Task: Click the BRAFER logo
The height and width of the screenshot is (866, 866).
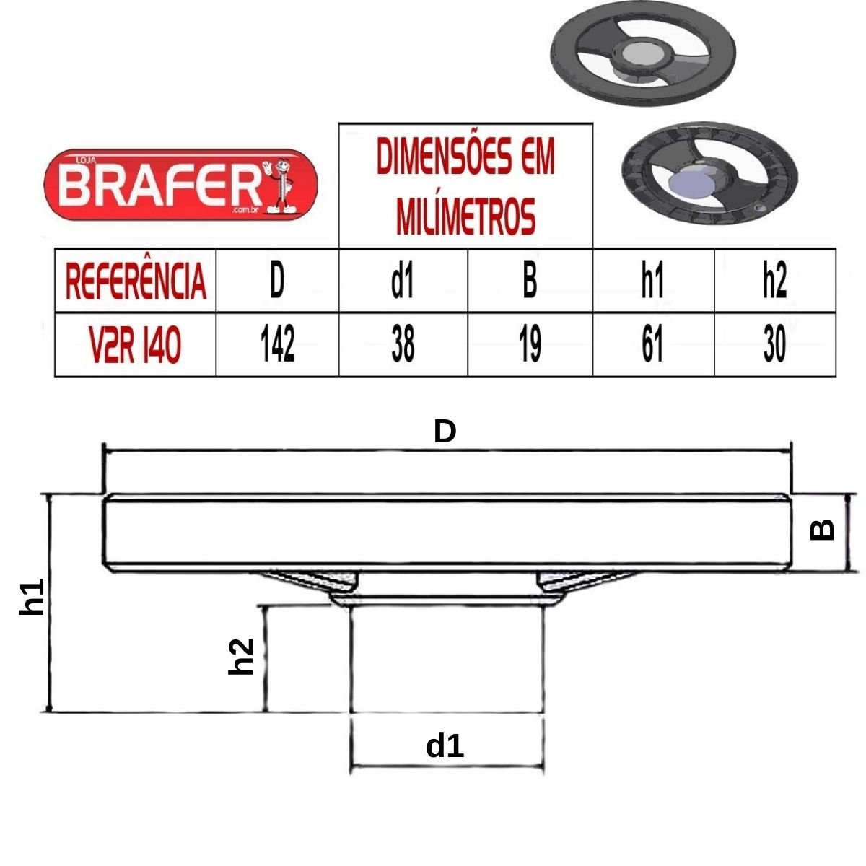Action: pyautogui.click(x=180, y=185)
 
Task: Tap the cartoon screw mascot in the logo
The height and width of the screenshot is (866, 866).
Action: pyautogui.click(x=280, y=185)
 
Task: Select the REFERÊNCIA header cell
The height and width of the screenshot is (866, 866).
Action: pyautogui.click(x=135, y=281)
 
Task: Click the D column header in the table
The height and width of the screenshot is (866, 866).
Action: pyautogui.click(x=277, y=281)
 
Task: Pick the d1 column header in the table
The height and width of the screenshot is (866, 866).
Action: pyautogui.click(x=403, y=281)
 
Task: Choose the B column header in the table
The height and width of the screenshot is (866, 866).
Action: pyautogui.click(x=530, y=281)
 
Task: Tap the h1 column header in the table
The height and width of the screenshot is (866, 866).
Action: pyautogui.click(x=652, y=281)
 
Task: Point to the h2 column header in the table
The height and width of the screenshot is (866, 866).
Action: pyautogui.click(x=775, y=281)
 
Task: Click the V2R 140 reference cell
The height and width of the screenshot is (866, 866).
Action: pyautogui.click(x=135, y=345)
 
